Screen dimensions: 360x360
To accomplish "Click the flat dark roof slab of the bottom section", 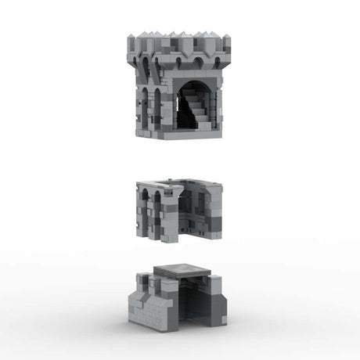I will click(x=182, y=272).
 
